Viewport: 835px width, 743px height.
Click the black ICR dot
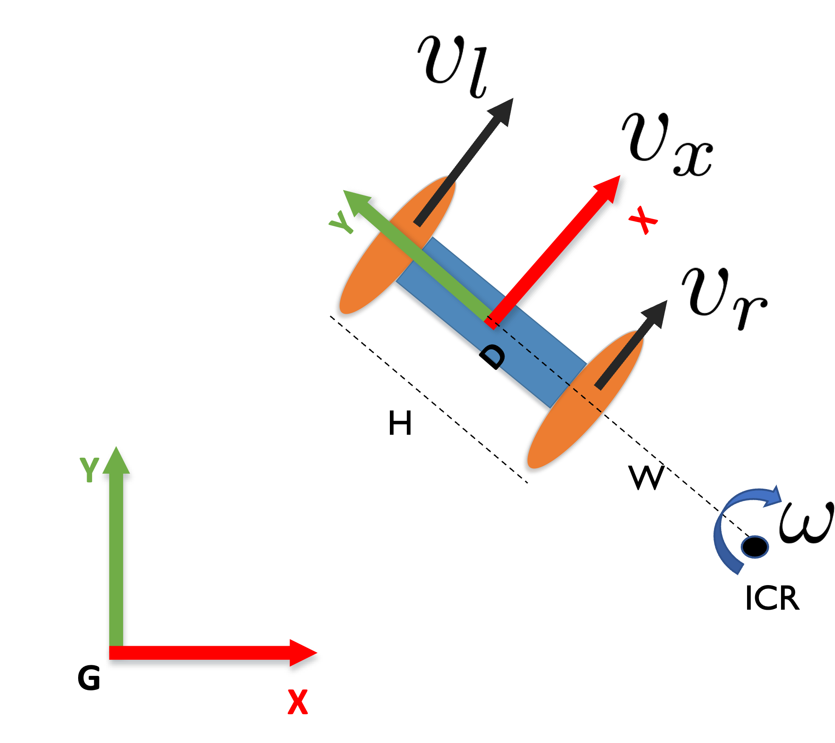[755, 547]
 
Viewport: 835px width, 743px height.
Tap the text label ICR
[772, 598]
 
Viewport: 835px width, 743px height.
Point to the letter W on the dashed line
[646, 477]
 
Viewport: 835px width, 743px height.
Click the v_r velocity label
[725, 299]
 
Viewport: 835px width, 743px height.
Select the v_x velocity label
[667, 145]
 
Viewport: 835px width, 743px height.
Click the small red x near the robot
[643, 220]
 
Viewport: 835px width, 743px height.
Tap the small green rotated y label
[341, 222]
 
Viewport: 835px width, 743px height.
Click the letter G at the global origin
[89, 678]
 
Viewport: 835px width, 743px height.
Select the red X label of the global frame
[298, 702]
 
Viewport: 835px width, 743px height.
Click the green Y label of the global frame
[89, 470]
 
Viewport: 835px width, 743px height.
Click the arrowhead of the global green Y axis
[116, 460]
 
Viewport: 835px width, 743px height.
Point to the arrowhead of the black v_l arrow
[503, 110]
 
